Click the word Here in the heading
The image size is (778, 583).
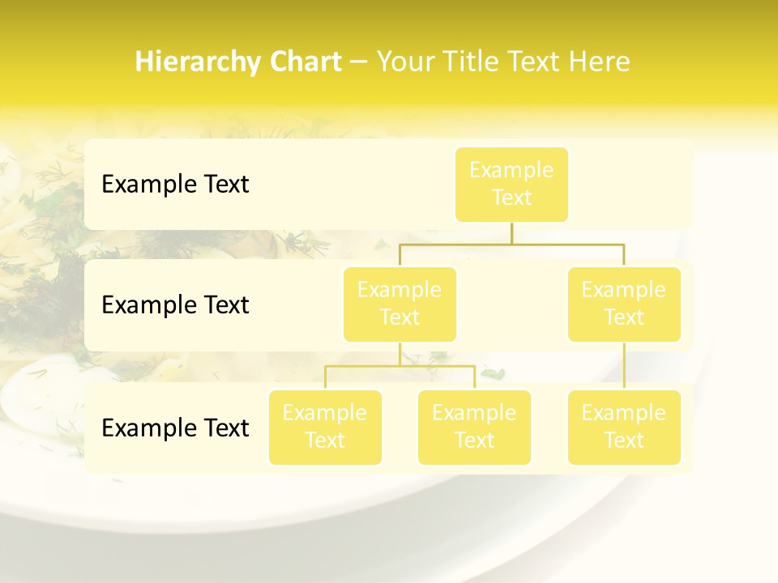(601, 62)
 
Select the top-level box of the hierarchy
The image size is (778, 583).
(511, 184)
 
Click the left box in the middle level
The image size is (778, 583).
(400, 304)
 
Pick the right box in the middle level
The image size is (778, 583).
(624, 304)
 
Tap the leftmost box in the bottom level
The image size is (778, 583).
(325, 427)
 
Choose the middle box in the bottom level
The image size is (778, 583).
(474, 427)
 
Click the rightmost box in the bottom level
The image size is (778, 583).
(624, 427)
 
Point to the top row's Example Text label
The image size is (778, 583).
(175, 185)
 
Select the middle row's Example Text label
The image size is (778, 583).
(175, 305)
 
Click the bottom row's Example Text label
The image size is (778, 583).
(175, 428)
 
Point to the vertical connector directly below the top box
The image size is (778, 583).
(511, 233)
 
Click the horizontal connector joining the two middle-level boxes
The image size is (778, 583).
(511, 244)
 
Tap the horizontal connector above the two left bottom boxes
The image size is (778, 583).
(400, 366)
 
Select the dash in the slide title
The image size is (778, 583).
(359, 62)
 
